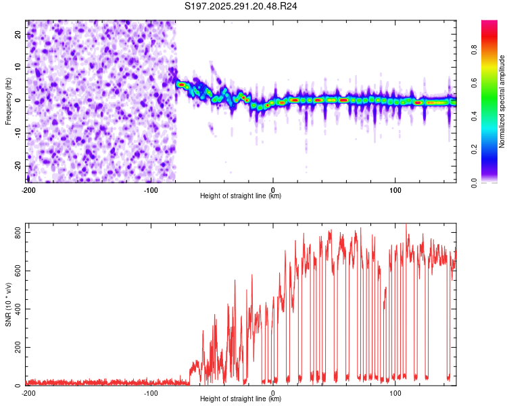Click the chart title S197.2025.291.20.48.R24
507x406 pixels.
click(241, 6)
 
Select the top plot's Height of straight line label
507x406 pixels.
click(241, 196)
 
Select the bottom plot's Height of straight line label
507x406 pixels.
click(241, 399)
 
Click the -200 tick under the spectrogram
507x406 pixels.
click(28, 189)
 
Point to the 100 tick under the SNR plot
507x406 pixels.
click(395, 392)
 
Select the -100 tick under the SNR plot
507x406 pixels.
click(151, 392)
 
